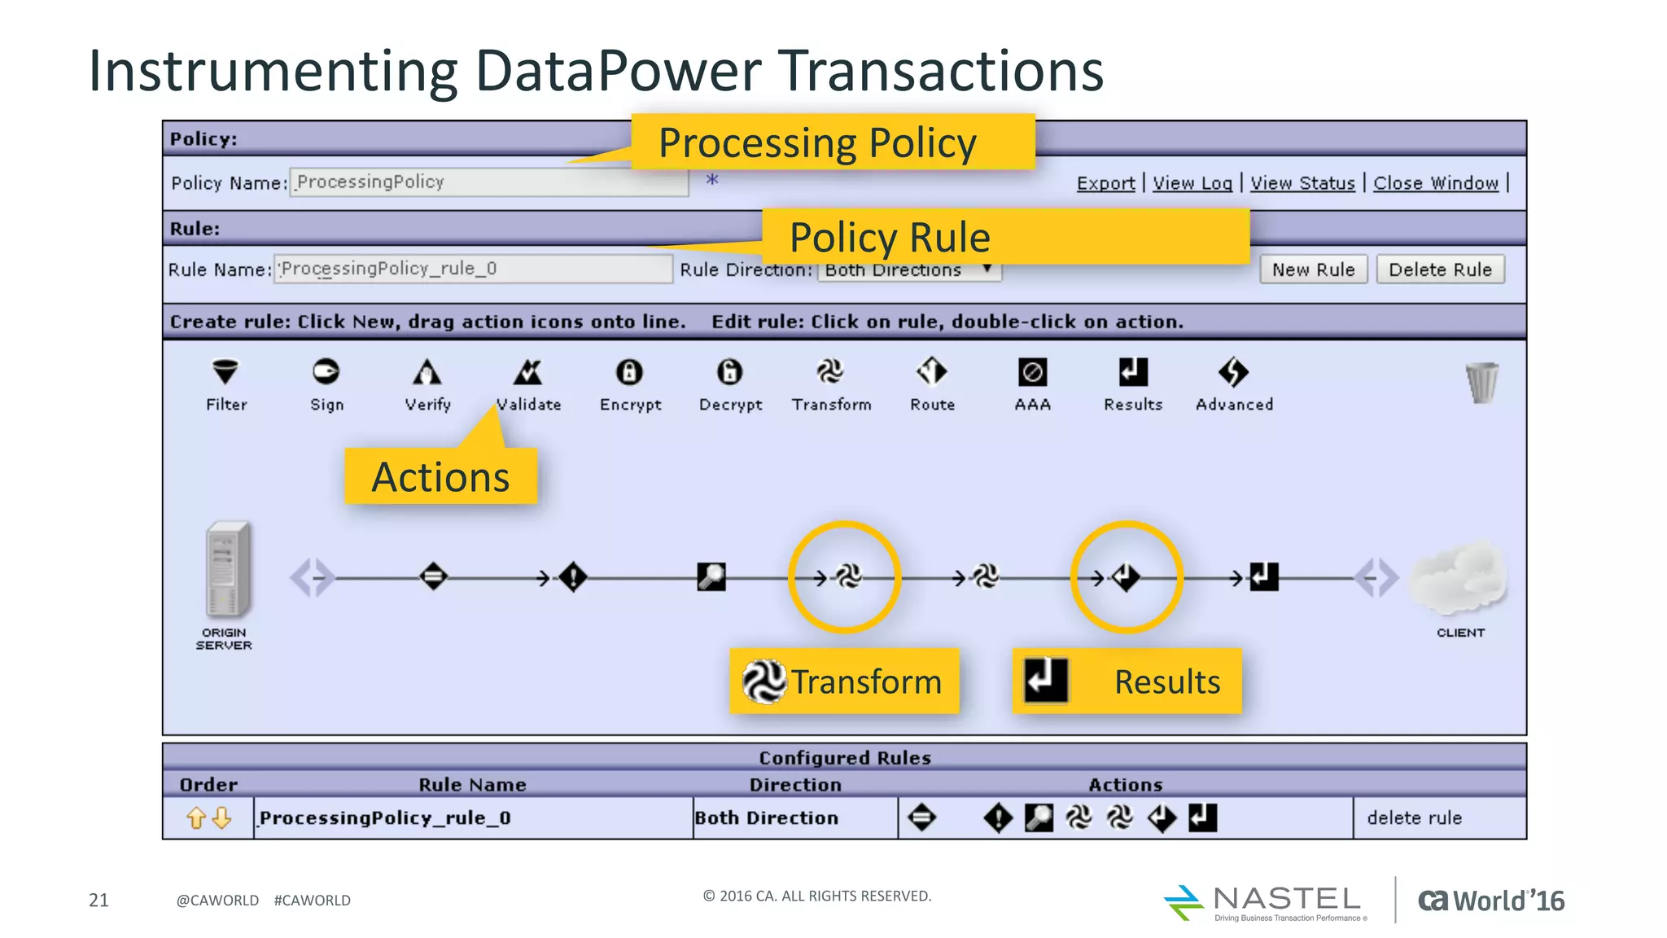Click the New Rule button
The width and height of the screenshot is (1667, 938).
pyautogui.click(x=1313, y=270)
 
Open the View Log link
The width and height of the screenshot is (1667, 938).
pyautogui.click(x=1192, y=183)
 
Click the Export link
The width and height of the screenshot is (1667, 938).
pyautogui.click(x=1105, y=183)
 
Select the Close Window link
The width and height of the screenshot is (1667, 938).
pyautogui.click(x=1435, y=183)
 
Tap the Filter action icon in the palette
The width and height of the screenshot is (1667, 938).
pyautogui.click(x=225, y=372)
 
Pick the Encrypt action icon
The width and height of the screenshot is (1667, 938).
pyautogui.click(x=629, y=372)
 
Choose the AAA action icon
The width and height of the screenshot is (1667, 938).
pyautogui.click(x=1032, y=372)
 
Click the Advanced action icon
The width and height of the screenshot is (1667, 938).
pyautogui.click(x=1233, y=372)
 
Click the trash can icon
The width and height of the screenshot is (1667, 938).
pyautogui.click(x=1481, y=382)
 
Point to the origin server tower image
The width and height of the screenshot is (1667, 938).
pyautogui.click(x=226, y=570)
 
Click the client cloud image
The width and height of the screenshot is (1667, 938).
pyautogui.click(x=1459, y=578)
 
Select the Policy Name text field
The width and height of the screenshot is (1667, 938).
pyautogui.click(x=488, y=182)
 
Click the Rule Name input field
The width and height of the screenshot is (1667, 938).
pyautogui.click(x=474, y=269)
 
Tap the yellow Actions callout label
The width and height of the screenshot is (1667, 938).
pyautogui.click(x=440, y=476)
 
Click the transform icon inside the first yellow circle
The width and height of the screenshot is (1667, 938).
pyautogui.click(x=847, y=577)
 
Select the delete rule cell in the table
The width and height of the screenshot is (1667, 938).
pyautogui.click(x=1415, y=817)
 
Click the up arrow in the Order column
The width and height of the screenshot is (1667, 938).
pyautogui.click(x=195, y=817)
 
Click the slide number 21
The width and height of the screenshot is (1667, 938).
pyautogui.click(x=98, y=900)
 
